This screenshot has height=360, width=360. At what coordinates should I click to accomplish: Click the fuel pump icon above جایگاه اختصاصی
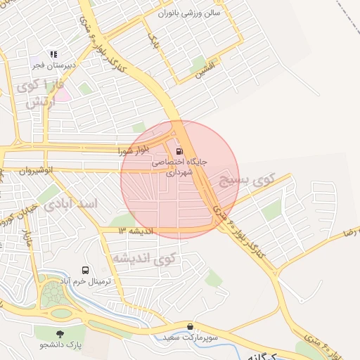179,150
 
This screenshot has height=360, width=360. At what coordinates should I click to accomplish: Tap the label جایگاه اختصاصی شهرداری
180,166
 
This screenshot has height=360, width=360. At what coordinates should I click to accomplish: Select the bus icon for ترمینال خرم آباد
86,270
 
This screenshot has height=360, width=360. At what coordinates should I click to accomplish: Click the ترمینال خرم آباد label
86,281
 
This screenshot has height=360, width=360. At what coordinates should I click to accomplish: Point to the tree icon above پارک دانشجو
60,333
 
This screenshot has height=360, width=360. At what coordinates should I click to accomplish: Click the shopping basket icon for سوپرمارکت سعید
191,326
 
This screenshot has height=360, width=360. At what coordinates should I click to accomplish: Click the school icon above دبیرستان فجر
53,53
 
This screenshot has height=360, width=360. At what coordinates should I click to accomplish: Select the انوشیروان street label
37,171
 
